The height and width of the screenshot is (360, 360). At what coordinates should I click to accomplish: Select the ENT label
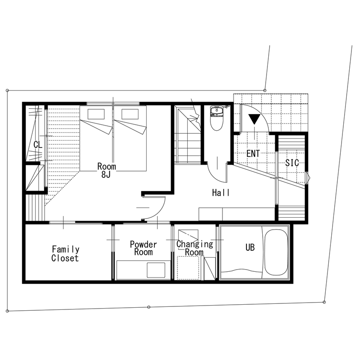(x=253, y=153)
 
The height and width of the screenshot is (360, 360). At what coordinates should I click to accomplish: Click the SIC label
(x=292, y=163)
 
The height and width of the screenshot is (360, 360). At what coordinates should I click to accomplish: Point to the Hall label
(x=221, y=193)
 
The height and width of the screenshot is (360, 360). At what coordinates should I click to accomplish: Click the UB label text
(x=250, y=247)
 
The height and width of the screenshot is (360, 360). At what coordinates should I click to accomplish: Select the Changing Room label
(x=195, y=248)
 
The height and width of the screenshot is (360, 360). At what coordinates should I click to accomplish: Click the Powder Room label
(x=143, y=248)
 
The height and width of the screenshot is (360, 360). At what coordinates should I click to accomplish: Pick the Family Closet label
(x=65, y=253)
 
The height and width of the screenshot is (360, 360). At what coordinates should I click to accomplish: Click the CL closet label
(x=38, y=145)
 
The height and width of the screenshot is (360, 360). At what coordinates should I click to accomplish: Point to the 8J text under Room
(x=106, y=174)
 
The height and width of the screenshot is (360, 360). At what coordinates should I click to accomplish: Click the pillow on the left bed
(x=96, y=114)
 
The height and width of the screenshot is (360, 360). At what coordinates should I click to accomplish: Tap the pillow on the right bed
(x=129, y=114)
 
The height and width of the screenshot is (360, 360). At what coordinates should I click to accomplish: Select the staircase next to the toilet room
(x=188, y=137)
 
